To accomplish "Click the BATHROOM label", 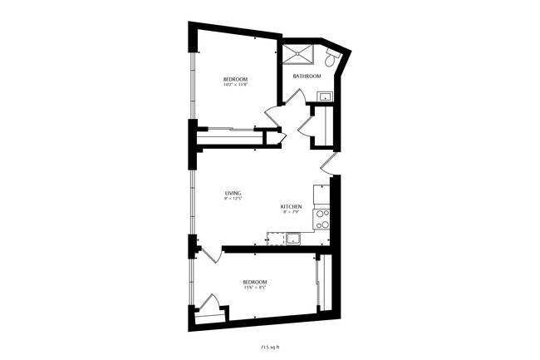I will [307, 76].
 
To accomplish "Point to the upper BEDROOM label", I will [234, 78].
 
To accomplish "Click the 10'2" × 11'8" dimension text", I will [234, 84].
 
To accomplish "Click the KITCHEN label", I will [290, 206].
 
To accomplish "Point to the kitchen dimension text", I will [290, 212].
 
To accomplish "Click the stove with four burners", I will [322, 219].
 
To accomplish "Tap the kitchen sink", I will [293, 239].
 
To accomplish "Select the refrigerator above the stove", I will [322, 196].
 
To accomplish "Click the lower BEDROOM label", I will [254, 282].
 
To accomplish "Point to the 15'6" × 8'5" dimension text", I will [254, 288].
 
